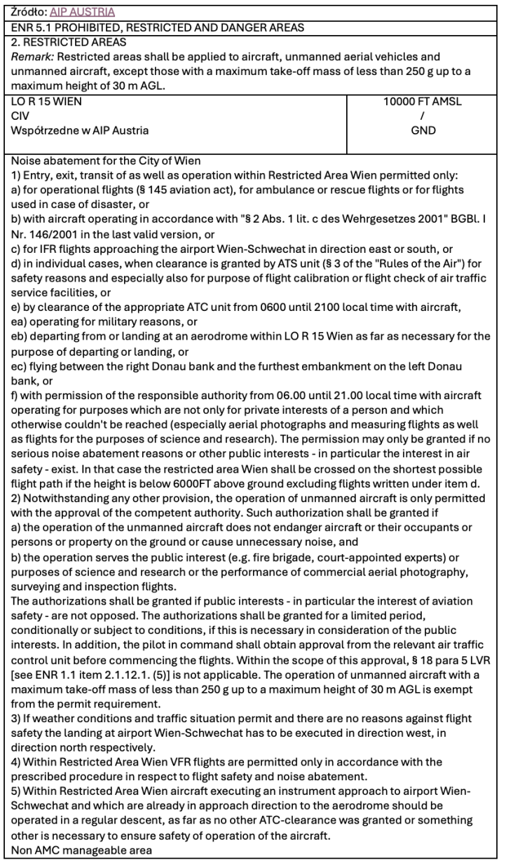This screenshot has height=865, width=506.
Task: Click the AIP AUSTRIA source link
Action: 81,12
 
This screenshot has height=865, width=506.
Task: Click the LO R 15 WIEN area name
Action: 46,102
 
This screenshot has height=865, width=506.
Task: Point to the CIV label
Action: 20,116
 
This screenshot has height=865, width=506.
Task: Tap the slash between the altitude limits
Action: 422,116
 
